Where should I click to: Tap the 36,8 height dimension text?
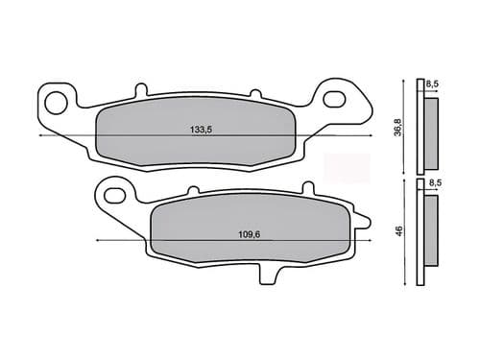[x=397, y=127]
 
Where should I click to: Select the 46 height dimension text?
[x=397, y=230]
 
